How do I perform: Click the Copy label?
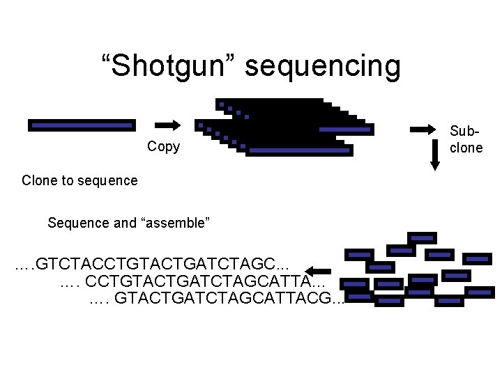[164, 146]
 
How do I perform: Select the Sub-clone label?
[466, 139]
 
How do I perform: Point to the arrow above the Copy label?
[167, 125]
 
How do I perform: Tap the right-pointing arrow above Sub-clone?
[423, 129]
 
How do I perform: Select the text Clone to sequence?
[79, 181]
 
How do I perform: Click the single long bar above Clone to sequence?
[80, 125]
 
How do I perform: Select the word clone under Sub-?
[466, 148]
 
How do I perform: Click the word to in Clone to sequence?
[65, 181]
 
